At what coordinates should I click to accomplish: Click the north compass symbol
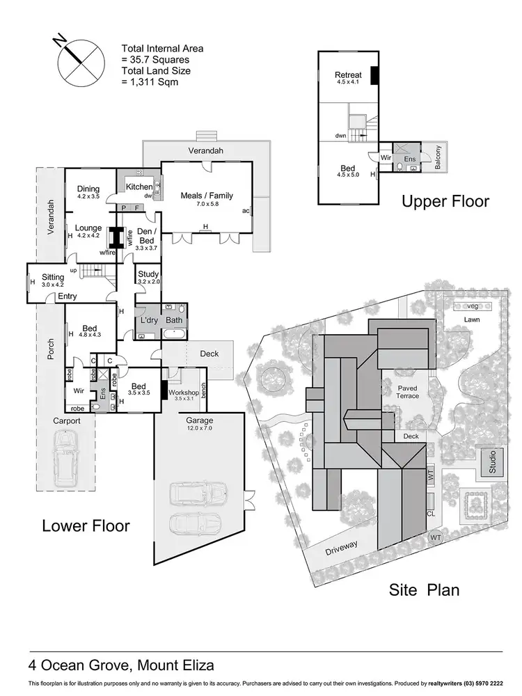click(77, 61)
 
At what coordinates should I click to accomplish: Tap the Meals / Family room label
click(206, 196)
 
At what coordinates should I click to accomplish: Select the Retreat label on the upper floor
click(348, 74)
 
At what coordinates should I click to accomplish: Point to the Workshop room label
click(183, 393)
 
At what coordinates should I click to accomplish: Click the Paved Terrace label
click(408, 391)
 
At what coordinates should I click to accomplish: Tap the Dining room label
click(88, 189)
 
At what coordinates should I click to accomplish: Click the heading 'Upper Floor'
click(445, 202)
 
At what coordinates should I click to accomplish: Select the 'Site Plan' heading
click(423, 590)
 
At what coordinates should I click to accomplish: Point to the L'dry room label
click(149, 319)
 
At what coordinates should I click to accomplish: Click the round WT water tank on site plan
click(436, 537)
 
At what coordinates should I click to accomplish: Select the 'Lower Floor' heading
click(86, 525)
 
